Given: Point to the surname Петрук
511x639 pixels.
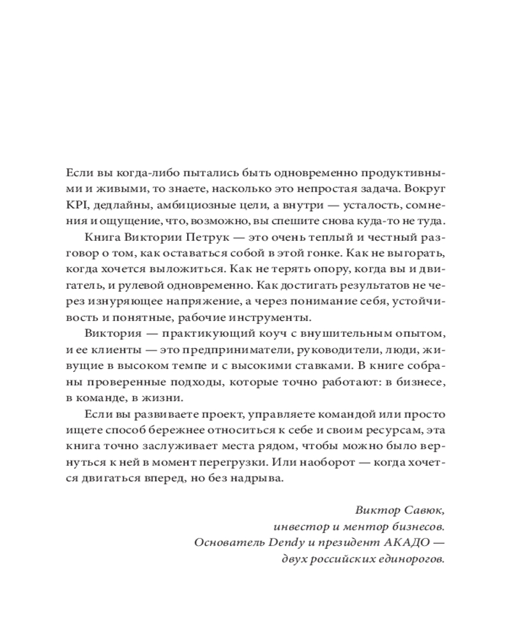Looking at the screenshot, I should (193, 239).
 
